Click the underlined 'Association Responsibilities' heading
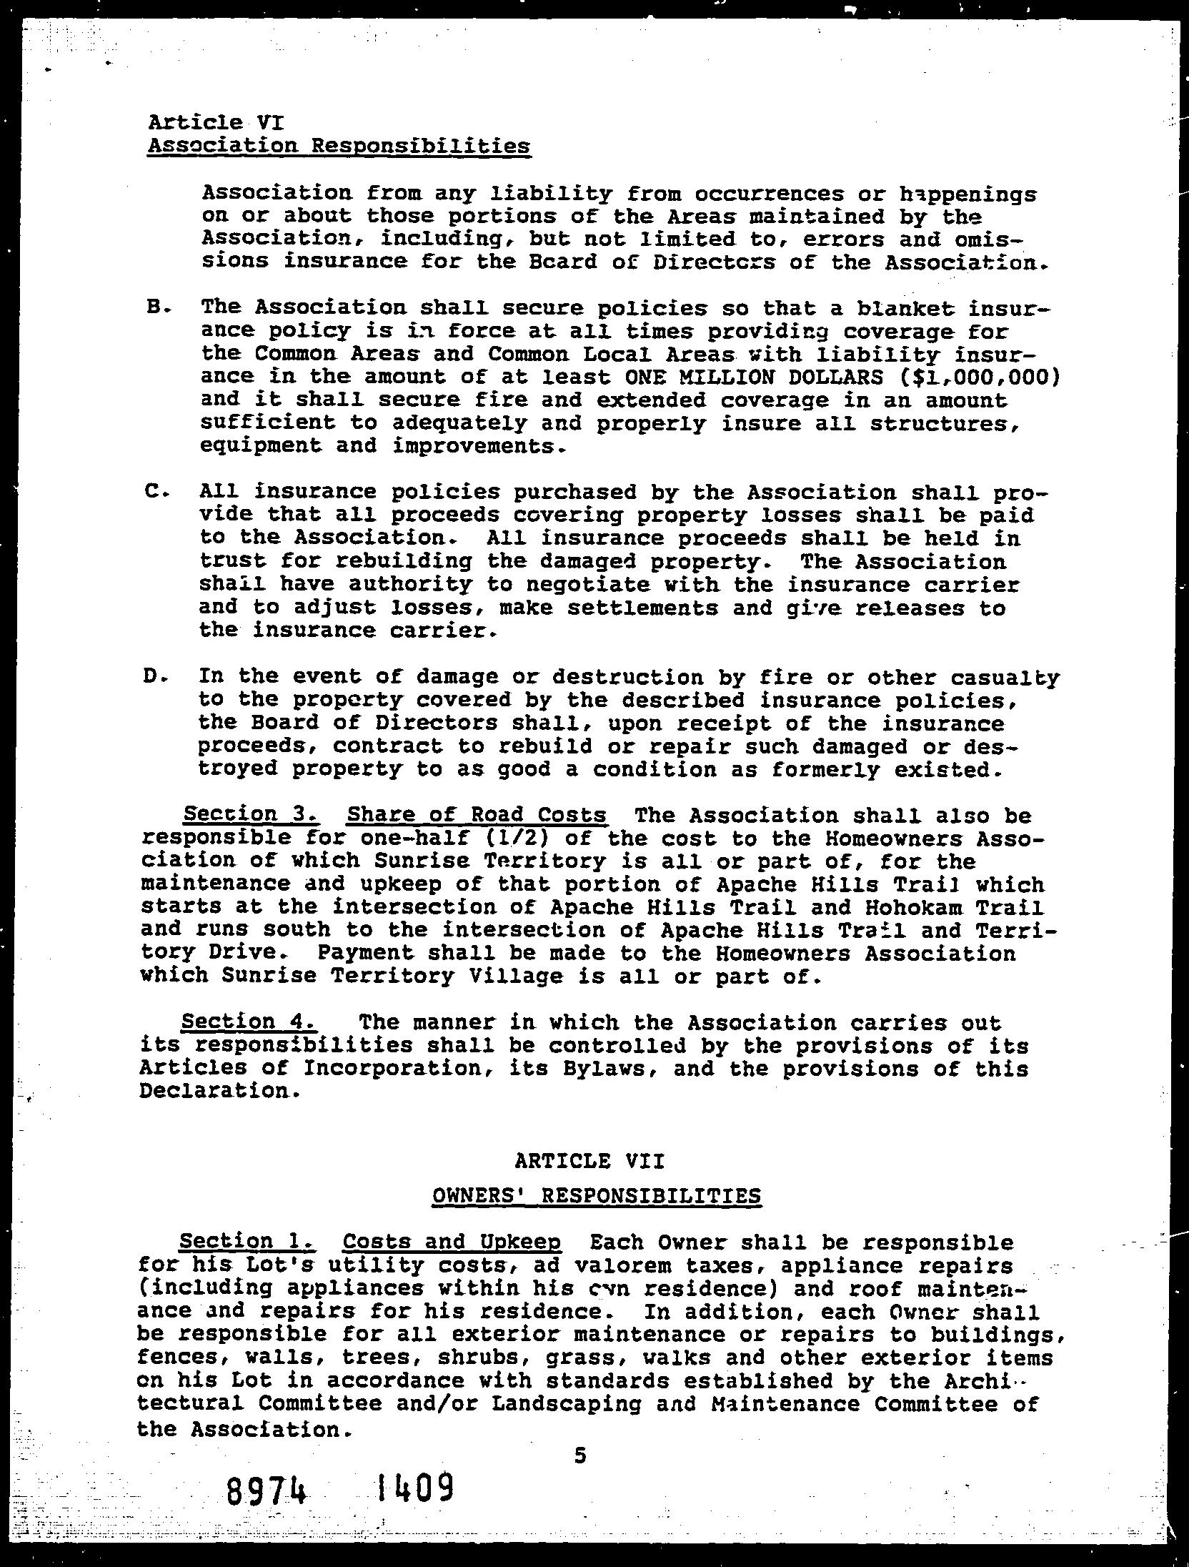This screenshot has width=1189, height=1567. click(x=339, y=147)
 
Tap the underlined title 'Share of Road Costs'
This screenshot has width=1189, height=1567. click(x=477, y=814)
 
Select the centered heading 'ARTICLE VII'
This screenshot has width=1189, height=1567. click(x=589, y=1162)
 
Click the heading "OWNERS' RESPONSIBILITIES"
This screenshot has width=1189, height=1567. click(x=597, y=1196)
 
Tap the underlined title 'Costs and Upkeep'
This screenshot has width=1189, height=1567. click(x=452, y=1242)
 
